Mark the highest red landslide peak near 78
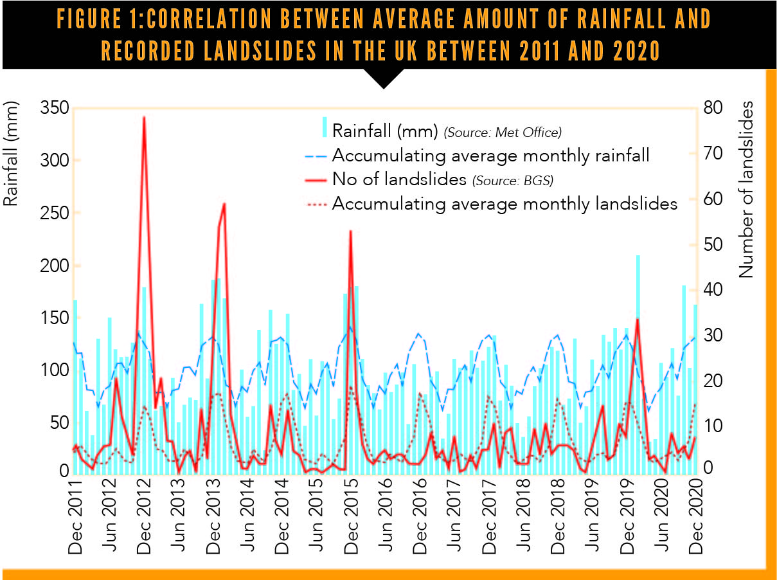tap(144, 118)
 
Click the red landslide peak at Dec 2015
tap(350, 231)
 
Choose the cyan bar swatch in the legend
tap(325, 127)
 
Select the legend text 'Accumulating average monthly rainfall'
tap(491, 156)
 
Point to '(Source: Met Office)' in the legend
tap(503, 132)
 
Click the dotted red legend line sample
tap(316, 204)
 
